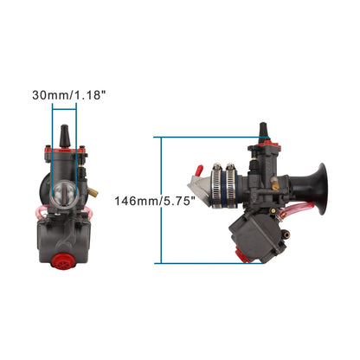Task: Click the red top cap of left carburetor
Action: (x=65, y=156)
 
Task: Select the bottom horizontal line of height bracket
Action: (x=195, y=262)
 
